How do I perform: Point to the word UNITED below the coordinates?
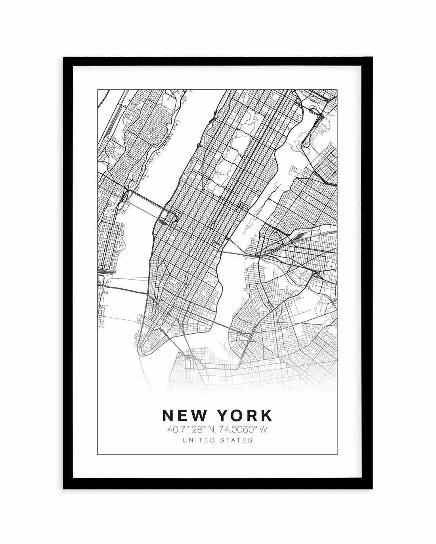[x=198, y=440]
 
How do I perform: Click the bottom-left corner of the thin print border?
[x=98, y=455]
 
